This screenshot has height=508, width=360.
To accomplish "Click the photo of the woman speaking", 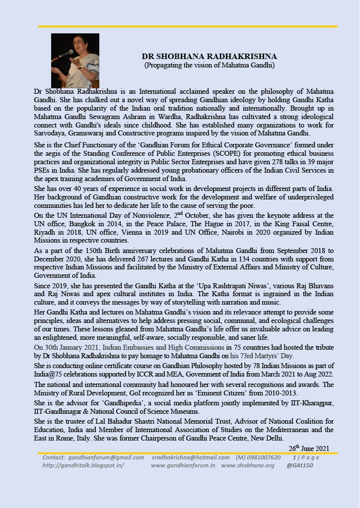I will (75, 61).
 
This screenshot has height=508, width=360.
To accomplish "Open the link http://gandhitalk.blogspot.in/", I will (83, 465).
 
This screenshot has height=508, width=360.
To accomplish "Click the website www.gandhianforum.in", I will (183, 465).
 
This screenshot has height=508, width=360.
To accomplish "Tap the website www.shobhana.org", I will (248, 465).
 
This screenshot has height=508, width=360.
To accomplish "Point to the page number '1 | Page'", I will (306, 457).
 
